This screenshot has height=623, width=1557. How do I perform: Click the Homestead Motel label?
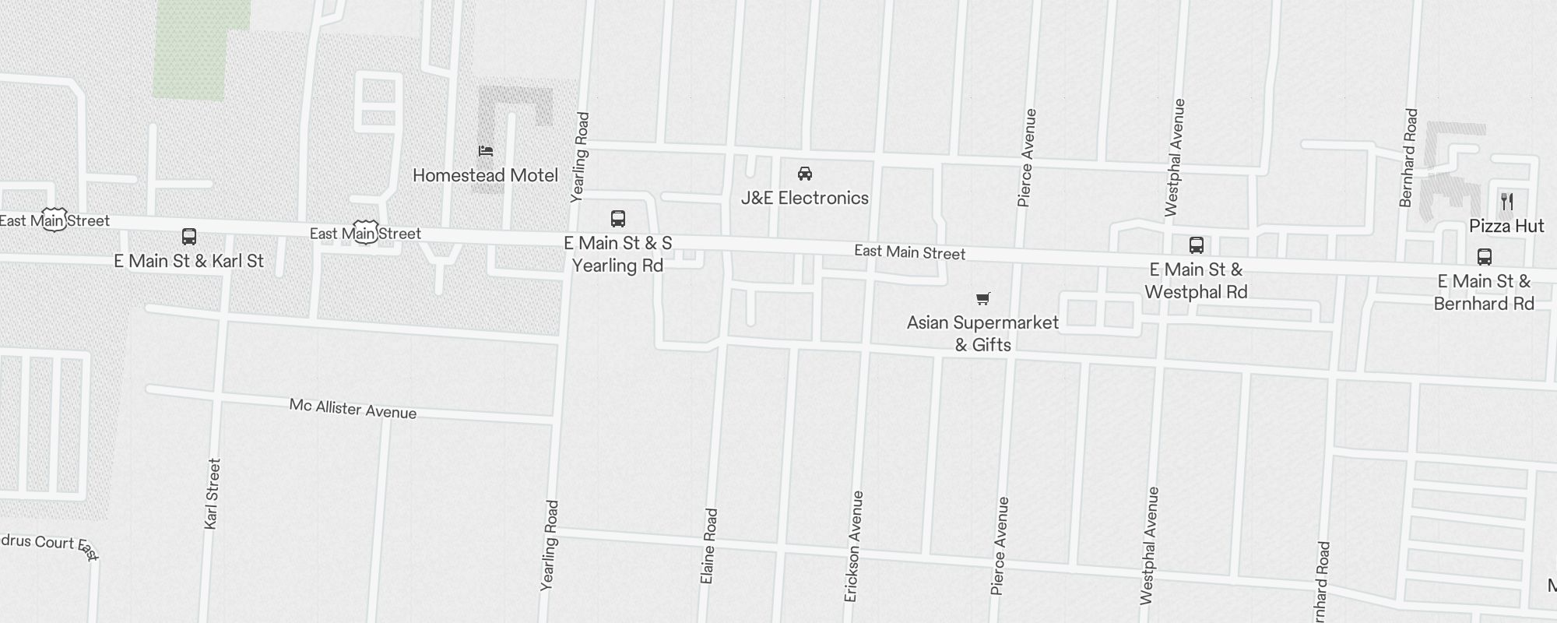click(485, 176)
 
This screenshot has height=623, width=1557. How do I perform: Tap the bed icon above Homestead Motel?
click(486, 150)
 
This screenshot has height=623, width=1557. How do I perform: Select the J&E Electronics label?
click(804, 198)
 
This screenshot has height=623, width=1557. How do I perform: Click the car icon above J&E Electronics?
click(805, 173)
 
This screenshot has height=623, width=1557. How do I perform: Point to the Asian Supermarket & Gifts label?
click(982, 333)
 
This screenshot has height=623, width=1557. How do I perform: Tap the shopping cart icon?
click(983, 298)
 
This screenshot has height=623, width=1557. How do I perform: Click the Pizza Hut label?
click(1506, 226)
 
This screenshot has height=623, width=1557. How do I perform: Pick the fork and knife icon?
click(1507, 202)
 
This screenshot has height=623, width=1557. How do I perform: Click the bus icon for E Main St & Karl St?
click(189, 237)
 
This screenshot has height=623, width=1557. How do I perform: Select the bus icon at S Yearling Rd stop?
click(618, 219)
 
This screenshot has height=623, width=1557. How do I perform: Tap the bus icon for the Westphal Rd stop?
click(1197, 245)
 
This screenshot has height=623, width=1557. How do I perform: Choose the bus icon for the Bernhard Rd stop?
click(1485, 257)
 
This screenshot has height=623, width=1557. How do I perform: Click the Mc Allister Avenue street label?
click(353, 409)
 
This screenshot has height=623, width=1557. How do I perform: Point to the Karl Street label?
click(212, 494)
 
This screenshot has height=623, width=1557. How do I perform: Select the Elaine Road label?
click(708, 546)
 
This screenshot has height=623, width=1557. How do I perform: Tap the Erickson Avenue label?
click(854, 546)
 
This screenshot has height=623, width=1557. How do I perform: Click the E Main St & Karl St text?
click(189, 261)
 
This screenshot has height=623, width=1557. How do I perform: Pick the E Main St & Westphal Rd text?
click(1197, 281)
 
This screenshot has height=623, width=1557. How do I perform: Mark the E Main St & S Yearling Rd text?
click(618, 255)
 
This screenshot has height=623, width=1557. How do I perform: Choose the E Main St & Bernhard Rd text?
click(1484, 292)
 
